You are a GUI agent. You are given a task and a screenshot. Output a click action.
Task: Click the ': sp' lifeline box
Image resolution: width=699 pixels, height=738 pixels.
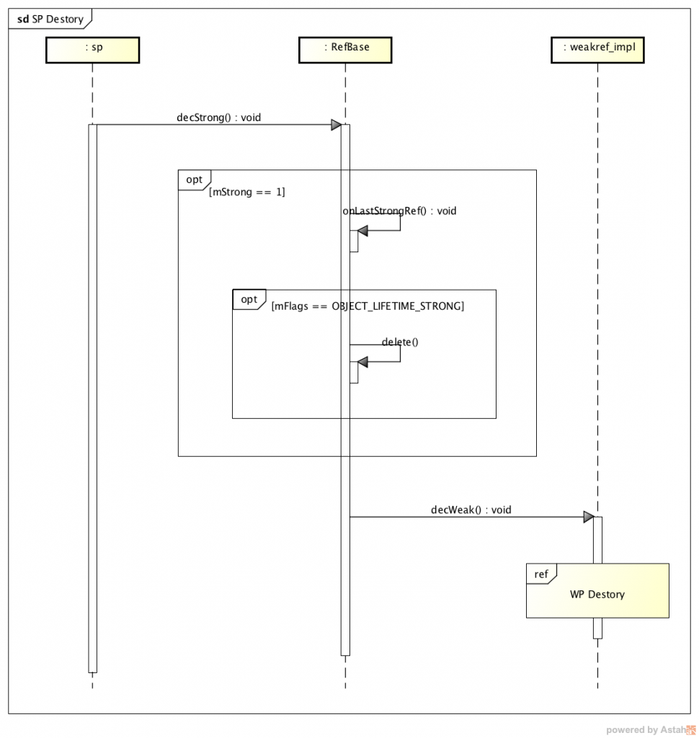coord(92,50)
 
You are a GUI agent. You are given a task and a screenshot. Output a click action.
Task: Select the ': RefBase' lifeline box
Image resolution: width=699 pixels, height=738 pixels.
coord(345,50)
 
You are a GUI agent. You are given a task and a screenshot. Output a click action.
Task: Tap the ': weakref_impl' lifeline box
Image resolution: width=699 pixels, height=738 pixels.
coord(597,50)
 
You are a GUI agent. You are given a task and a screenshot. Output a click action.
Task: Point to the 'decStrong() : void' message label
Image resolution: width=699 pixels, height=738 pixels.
coord(218,117)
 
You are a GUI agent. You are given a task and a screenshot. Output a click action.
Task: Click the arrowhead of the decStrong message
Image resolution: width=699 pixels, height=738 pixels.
coord(336,125)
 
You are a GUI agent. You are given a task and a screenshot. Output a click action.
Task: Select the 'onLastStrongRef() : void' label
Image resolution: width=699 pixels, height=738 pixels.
coord(399,211)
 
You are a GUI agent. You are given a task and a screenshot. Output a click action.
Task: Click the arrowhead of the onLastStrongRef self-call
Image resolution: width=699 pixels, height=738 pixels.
coord(362,231)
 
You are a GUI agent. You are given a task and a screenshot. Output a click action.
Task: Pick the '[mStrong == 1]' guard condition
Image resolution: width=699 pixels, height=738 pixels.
coord(247,192)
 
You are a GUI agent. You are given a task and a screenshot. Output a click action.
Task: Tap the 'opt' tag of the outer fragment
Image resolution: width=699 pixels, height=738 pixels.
coord(194,179)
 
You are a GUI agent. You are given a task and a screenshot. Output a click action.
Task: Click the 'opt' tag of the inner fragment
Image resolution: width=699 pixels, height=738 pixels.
coord(249,299)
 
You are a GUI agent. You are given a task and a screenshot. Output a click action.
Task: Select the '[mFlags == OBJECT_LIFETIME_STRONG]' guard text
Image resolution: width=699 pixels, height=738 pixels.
coord(368,306)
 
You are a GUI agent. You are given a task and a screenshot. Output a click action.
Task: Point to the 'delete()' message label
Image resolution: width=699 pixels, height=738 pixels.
coord(400,342)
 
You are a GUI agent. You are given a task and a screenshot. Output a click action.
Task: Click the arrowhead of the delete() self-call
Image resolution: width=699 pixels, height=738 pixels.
coord(362,361)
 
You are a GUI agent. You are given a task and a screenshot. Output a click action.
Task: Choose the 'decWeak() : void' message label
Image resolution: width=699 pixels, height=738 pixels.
coord(471,510)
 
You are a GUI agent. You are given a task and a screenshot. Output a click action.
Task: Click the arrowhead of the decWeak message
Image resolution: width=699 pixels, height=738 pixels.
coord(588,517)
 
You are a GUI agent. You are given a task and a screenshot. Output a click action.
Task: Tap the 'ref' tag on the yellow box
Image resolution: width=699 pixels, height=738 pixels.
coord(540,574)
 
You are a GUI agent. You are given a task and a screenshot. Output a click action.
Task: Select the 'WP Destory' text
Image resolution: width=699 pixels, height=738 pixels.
coord(597,595)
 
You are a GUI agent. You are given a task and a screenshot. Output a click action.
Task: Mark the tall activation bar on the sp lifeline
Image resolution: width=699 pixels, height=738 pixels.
coord(92,396)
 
